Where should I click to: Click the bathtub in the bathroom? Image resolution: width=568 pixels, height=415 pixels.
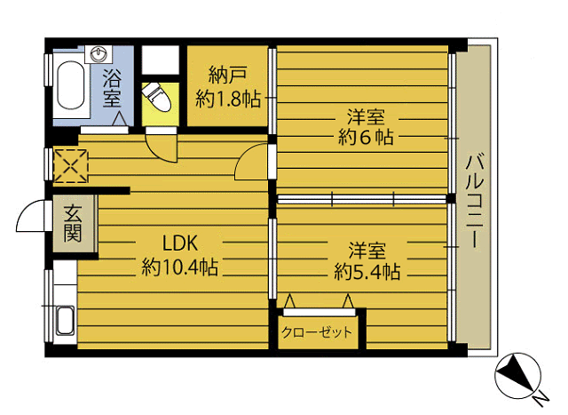point(71,85)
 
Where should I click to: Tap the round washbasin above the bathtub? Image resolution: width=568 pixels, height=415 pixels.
point(98,53)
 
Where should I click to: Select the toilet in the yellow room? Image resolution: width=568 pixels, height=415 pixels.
point(157,97)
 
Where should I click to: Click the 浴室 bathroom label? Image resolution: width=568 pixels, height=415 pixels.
point(112,89)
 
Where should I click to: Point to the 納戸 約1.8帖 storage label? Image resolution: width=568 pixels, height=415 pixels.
point(228,87)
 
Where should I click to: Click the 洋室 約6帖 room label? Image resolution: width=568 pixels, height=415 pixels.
point(366,127)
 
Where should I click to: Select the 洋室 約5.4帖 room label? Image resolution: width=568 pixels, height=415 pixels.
point(367,261)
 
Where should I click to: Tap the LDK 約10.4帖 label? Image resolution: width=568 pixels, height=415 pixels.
point(179,256)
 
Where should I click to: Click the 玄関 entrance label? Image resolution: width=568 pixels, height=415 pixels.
point(73,223)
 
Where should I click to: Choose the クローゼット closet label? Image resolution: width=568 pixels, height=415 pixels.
point(317,332)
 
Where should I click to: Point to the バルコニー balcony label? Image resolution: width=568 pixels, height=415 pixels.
point(475,202)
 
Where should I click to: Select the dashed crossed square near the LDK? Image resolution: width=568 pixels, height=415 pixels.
point(71,166)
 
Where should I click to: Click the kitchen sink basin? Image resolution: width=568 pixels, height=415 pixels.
point(66,321)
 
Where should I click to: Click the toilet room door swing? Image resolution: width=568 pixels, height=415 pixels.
point(162,148)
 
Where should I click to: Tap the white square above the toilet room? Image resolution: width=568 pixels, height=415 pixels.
point(160,60)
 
